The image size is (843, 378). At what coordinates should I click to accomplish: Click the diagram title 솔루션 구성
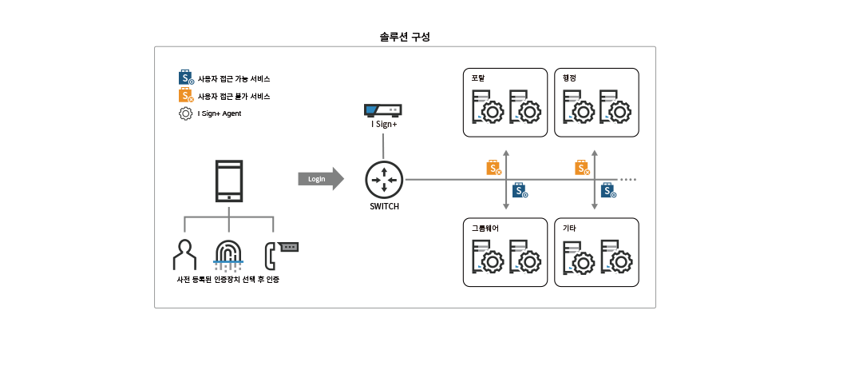405,37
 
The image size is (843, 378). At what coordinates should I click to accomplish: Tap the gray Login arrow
320,179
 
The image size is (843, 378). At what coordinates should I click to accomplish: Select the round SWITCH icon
384,179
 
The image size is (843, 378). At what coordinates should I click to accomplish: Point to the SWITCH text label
384,206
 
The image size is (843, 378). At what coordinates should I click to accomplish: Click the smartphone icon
230,181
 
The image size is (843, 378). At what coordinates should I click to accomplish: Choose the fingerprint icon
230,255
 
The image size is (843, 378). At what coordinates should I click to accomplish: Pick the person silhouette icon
184,254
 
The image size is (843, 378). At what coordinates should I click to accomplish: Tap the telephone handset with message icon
281,253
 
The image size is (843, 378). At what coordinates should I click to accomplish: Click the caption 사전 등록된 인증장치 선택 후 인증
228,281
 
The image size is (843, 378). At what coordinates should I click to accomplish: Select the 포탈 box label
478,78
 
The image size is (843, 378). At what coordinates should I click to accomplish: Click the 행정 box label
569,78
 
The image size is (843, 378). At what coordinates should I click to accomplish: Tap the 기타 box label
569,228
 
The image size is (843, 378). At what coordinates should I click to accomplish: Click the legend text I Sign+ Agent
220,113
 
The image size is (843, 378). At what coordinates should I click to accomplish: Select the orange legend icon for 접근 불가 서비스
185,96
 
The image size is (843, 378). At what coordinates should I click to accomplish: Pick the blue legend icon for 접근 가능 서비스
185,78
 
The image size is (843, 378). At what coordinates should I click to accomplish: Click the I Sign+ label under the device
384,125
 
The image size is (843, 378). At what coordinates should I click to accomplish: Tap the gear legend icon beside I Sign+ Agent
185,113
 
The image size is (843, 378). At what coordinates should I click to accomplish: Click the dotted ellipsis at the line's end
629,180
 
